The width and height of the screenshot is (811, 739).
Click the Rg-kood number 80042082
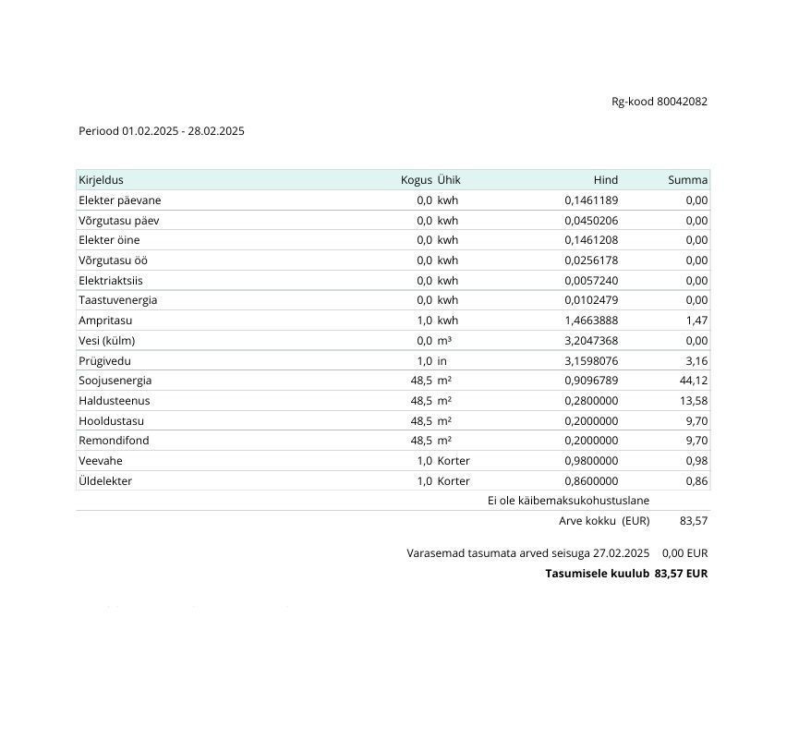[x=682, y=102]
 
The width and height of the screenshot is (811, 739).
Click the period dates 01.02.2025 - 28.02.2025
[x=183, y=131]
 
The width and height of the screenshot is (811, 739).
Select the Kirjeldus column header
[x=101, y=180]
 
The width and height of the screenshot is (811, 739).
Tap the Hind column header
[x=605, y=180]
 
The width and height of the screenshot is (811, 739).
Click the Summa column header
[x=687, y=180]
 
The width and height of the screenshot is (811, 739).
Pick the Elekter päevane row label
[x=120, y=200]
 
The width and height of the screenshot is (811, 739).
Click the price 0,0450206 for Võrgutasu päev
[x=591, y=221]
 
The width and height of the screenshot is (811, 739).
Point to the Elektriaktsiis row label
[x=111, y=281]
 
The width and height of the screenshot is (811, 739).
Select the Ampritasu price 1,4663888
[x=591, y=321]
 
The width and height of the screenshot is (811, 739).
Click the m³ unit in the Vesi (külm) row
[x=444, y=341]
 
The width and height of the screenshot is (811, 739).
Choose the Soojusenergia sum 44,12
[x=693, y=381]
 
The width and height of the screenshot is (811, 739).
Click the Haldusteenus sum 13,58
[x=693, y=401]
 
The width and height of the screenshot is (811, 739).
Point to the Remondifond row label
[x=114, y=441]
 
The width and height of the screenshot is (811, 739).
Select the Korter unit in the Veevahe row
[x=454, y=461]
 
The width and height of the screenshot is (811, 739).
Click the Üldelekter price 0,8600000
[x=591, y=481]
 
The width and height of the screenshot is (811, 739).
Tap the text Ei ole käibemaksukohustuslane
[x=568, y=501]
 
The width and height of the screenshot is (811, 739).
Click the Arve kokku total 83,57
[x=693, y=521]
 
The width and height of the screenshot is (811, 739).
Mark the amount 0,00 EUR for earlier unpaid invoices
[x=684, y=553]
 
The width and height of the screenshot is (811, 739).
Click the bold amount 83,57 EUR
[x=681, y=574]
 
